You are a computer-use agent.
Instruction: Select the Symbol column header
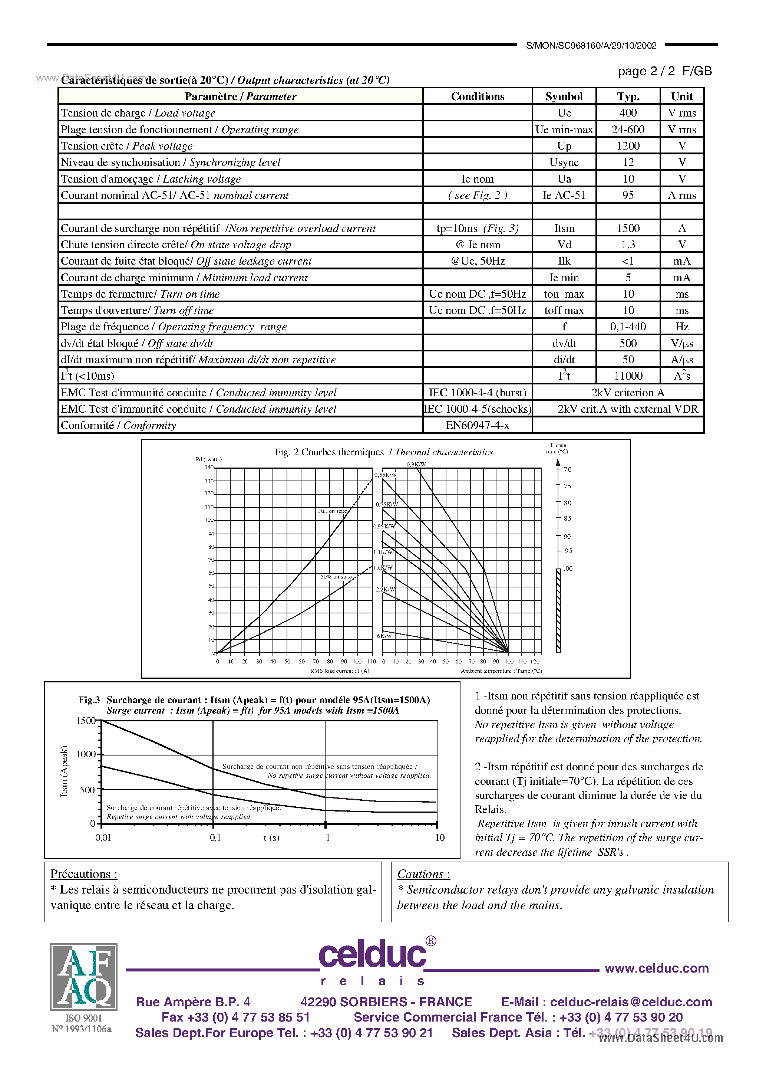click(x=564, y=96)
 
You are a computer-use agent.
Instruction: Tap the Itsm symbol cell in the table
click(x=564, y=228)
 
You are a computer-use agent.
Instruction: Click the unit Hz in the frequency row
click(x=681, y=327)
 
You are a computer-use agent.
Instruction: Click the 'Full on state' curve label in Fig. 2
click(x=332, y=511)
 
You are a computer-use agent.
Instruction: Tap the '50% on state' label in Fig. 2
click(x=336, y=577)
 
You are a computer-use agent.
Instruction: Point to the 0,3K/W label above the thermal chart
click(x=416, y=464)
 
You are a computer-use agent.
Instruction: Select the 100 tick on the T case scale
click(x=567, y=568)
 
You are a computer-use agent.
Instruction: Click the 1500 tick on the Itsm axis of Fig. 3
click(x=86, y=721)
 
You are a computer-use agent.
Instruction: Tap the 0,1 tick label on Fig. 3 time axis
click(x=215, y=838)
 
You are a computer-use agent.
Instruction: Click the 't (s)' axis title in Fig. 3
click(x=271, y=838)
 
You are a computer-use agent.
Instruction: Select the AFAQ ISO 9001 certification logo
click(x=83, y=976)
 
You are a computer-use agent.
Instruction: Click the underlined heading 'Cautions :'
click(x=423, y=874)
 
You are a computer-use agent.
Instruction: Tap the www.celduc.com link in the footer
click(x=656, y=968)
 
